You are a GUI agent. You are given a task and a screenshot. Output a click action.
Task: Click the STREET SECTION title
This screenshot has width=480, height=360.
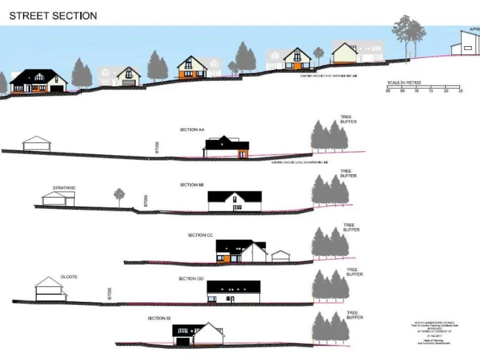[52, 15]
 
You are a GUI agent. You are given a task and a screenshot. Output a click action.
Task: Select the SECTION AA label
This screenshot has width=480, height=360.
[192, 129]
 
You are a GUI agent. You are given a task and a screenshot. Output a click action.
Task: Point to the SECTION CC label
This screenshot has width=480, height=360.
[201, 235]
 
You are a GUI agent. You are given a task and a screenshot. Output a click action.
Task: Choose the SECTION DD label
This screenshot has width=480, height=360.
[191, 279]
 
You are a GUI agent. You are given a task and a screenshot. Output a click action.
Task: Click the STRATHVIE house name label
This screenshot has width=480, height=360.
[64, 187]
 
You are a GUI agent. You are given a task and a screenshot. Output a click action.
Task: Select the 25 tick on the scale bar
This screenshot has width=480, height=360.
[461, 91]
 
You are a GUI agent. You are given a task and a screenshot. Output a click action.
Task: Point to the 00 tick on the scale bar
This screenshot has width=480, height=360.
[387, 91]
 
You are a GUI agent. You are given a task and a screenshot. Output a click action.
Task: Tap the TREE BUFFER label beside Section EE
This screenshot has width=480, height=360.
[352, 315]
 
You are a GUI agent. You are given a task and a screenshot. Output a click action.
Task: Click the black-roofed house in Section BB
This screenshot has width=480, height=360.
[234, 201]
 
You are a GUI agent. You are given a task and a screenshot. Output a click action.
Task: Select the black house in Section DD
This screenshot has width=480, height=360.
[233, 291]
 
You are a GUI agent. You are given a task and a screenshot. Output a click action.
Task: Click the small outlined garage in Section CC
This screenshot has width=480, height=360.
[281, 256]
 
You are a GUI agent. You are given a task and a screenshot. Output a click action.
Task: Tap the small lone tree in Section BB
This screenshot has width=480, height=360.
[119, 196]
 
